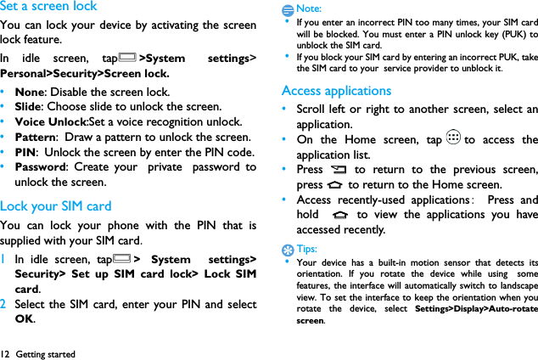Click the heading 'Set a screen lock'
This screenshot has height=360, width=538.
[x=49, y=7]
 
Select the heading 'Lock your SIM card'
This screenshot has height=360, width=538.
[x=56, y=205]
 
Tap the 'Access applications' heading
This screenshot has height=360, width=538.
[x=336, y=90]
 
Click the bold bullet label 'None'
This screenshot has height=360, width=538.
[x=30, y=92]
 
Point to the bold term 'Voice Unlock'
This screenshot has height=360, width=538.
[x=51, y=121]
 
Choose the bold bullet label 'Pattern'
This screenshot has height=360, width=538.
[x=36, y=137]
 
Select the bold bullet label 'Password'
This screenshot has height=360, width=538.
[x=43, y=167]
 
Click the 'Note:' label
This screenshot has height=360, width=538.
[x=309, y=8]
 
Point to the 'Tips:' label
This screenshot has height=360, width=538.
[x=307, y=249]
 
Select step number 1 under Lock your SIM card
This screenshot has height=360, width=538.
[x=4, y=259]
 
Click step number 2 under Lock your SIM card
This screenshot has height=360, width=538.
[x=4, y=305]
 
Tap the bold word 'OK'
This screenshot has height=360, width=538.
[x=25, y=319]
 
